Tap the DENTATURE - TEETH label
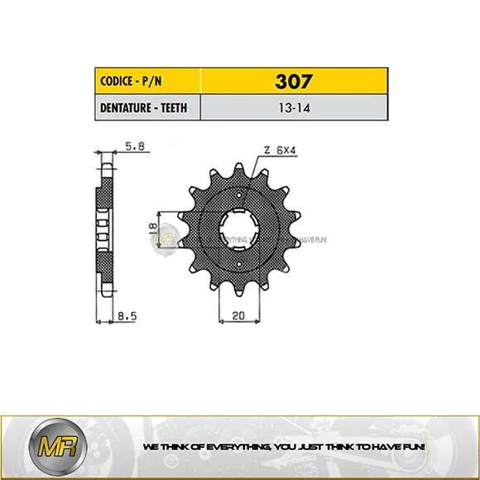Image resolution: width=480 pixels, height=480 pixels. [142, 108]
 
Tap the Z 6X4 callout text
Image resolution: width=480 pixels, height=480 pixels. [281, 151]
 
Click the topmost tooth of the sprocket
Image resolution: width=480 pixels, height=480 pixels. [238, 169]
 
